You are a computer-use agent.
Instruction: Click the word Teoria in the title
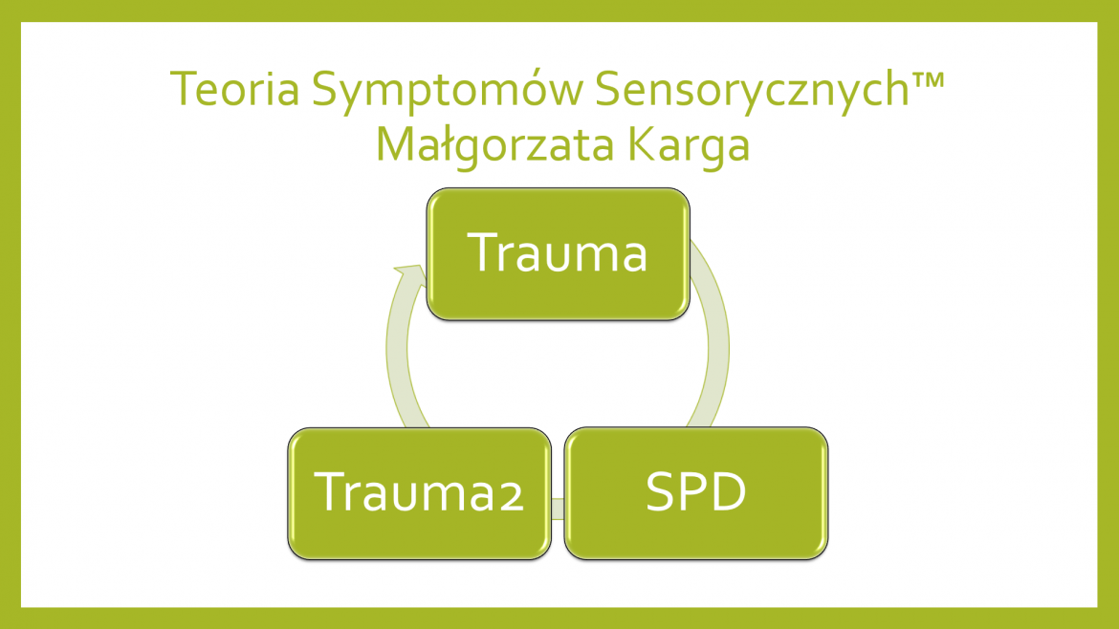point(234,89)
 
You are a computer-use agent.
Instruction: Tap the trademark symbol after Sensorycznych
point(928,77)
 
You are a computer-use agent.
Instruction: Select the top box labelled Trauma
point(559,254)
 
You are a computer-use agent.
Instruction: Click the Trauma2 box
point(420,493)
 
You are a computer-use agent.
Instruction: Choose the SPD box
point(696,493)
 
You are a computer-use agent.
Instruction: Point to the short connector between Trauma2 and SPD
point(559,509)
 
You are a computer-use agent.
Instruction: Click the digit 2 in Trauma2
point(511,496)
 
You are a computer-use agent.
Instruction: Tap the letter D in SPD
point(729,491)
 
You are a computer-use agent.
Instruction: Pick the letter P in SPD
point(693,491)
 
